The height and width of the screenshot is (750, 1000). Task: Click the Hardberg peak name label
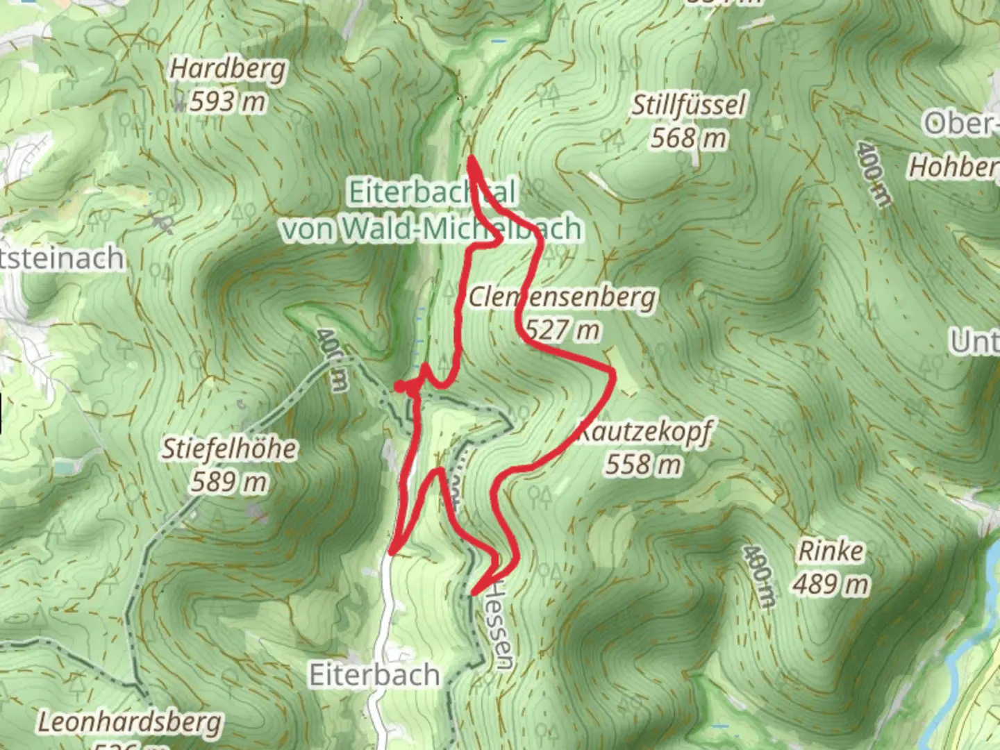coord(228,69)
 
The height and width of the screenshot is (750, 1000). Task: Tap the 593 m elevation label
coord(228,102)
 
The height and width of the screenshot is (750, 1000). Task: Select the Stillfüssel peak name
coord(688,106)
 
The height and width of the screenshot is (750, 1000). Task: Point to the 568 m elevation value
coord(688,138)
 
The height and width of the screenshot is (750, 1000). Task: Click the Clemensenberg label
coord(562,297)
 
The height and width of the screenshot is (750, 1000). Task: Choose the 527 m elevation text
coord(563,329)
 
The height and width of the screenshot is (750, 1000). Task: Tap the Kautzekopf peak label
coord(645,432)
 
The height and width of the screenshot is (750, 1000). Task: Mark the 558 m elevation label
coord(643,464)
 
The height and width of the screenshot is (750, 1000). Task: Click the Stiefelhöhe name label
coord(229,449)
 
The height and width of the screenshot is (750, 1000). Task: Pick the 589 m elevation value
coord(229,481)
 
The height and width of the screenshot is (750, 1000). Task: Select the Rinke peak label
coord(831,551)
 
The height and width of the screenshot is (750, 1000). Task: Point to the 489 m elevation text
coord(831,584)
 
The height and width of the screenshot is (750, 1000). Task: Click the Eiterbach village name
coord(374,675)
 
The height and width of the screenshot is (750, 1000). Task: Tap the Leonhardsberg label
coord(130,722)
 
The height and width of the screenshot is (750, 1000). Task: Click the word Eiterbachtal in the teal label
coord(432,192)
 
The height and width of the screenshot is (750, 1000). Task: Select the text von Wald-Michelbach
coord(432,228)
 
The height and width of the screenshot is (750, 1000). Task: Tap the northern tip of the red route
coord(471,159)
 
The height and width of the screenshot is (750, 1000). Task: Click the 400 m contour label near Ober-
coord(873,174)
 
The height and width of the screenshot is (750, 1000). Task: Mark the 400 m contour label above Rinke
coord(758,576)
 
